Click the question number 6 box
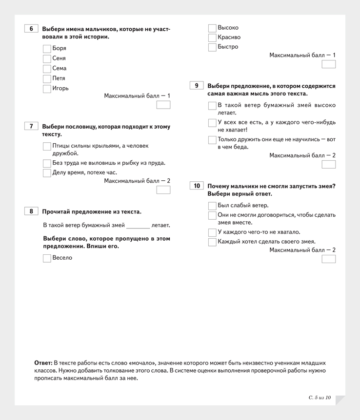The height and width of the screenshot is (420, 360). pos(31,29)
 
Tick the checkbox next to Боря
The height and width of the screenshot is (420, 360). pos(47,49)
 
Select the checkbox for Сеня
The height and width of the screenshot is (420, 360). pos(47,58)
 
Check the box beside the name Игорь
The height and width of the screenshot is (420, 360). pos(47,89)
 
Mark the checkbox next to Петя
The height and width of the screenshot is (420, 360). pos(47,78)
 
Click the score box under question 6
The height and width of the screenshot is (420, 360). pos(163,105)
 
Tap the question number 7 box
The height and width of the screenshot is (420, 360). pos(31,126)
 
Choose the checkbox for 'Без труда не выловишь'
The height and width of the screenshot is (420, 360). pos(47,163)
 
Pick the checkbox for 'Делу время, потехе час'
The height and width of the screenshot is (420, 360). pos(47,172)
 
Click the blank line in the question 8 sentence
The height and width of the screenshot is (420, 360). pos(138,226)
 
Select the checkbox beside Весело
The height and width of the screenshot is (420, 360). pos(47,258)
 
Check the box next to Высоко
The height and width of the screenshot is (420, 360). pos(212,28)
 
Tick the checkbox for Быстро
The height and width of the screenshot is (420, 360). pos(212,47)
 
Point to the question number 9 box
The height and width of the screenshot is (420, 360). pos(196,86)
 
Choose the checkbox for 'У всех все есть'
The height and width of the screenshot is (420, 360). pos(212,123)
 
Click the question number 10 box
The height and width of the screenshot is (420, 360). pos(196,186)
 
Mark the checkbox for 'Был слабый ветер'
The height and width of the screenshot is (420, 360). pos(212,206)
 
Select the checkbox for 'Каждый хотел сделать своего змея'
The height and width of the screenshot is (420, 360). pos(212,242)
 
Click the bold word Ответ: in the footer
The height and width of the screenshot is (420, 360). pos(43,363)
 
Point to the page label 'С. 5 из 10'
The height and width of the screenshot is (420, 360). pos(320,398)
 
